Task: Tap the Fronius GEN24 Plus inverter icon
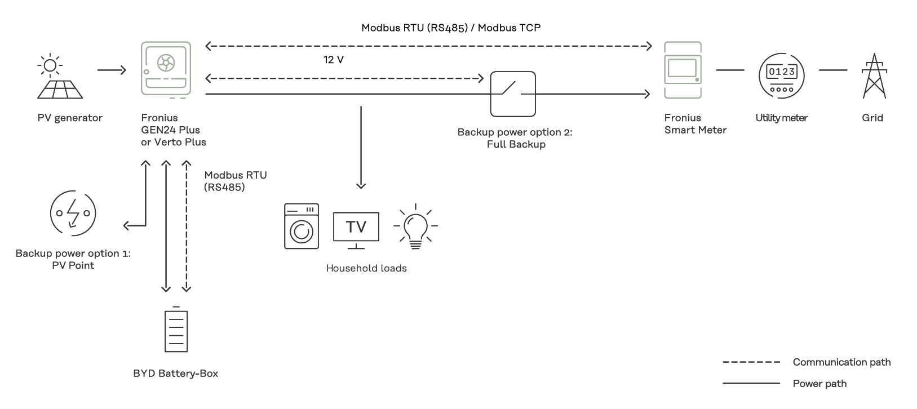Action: point(166,69)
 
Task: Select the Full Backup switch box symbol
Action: point(512,94)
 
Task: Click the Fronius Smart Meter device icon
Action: point(683,70)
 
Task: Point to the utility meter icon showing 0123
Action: point(781,76)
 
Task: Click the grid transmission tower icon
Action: point(874,77)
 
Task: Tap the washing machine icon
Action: point(302,226)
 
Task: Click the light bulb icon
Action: point(415,226)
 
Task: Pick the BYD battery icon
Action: point(176,330)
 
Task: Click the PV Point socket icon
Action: point(73,213)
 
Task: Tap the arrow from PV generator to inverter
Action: point(112,70)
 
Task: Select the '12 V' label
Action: point(333,60)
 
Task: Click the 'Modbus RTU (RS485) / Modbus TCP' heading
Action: point(451,28)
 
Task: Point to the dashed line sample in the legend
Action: point(751,362)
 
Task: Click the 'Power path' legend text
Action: point(819,384)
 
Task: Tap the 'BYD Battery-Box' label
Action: point(175,374)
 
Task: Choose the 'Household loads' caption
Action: point(366,268)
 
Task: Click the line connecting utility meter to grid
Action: point(833,70)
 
